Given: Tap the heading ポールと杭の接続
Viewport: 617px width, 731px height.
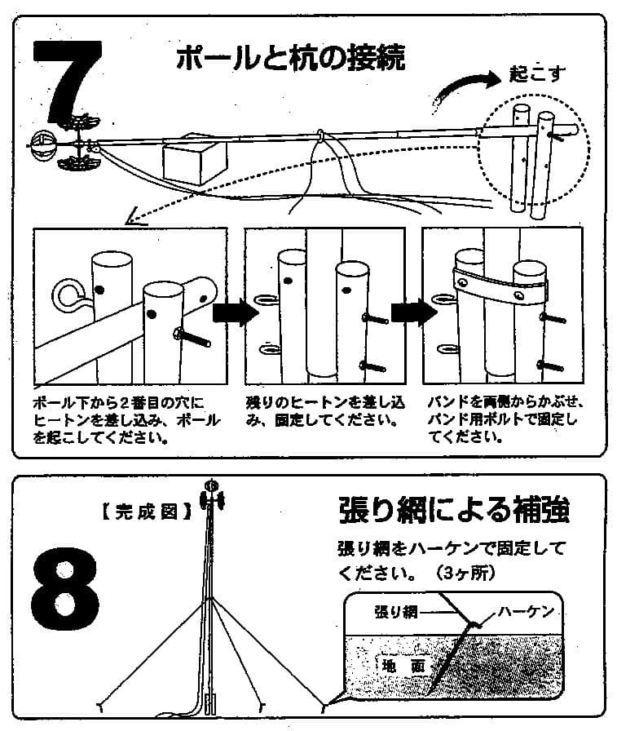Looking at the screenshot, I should [290, 59].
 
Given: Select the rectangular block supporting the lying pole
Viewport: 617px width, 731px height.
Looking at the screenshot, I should [193, 158].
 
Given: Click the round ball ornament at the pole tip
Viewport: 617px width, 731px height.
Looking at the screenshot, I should [42, 147].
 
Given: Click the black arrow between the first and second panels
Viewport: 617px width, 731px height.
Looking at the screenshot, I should [230, 312].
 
